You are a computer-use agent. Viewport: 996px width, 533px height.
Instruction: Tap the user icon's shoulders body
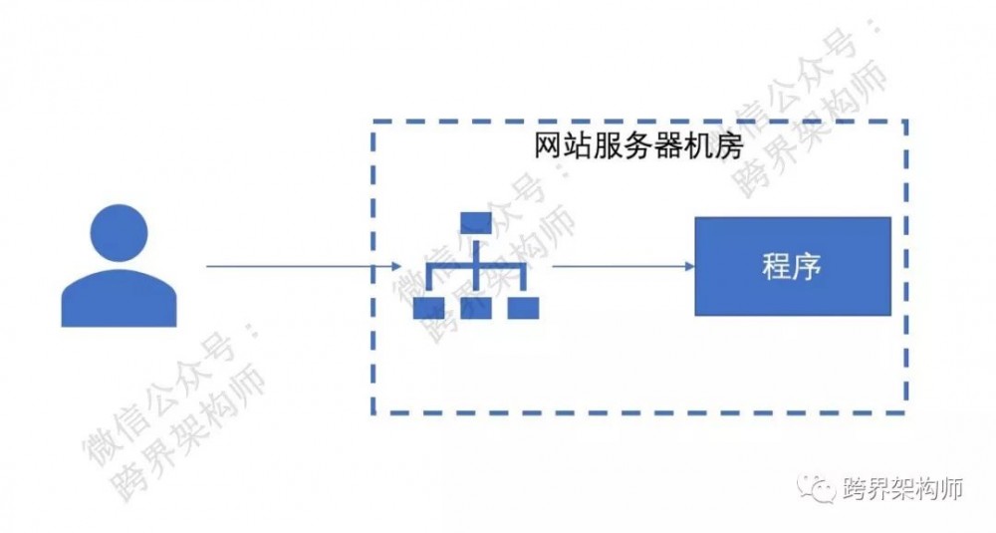coord(119,300)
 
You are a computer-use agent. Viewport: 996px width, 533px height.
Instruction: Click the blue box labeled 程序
coord(793,266)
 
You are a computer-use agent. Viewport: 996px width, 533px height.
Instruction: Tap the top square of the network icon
coord(475,221)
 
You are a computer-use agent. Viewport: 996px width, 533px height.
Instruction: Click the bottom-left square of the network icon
coord(429,308)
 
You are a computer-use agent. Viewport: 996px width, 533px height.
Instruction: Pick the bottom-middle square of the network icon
coord(475,308)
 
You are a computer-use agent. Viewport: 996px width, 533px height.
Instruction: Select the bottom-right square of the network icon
coord(522,308)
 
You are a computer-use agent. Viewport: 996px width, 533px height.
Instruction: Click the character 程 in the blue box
coord(776,266)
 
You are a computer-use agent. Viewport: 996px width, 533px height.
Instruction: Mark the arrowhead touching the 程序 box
coord(688,266)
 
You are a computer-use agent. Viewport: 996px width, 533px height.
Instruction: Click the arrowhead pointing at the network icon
coord(397,266)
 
